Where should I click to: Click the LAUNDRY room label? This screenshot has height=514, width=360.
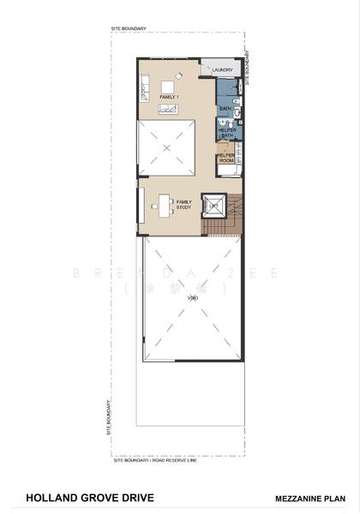click(223, 69)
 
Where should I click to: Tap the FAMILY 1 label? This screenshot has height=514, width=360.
click(168, 98)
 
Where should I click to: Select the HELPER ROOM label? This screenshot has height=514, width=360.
click(227, 158)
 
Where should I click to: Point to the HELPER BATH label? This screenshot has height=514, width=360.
click(227, 133)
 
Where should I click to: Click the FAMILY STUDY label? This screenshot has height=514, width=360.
click(183, 204)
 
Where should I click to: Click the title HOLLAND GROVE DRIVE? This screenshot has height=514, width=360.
click(78, 496)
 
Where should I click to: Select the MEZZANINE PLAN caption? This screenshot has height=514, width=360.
click(310, 497)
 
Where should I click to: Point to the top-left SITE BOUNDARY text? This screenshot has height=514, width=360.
click(129, 29)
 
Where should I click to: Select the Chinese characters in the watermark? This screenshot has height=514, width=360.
click(179, 290)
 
